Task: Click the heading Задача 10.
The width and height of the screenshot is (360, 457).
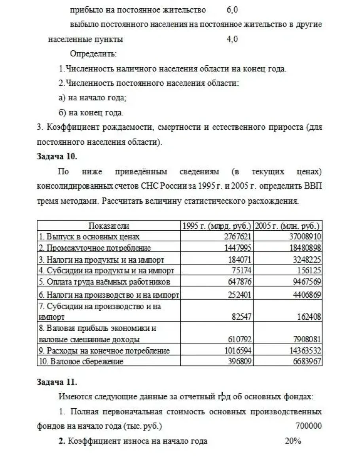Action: tap(57, 156)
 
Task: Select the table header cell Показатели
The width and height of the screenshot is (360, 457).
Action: tap(108, 226)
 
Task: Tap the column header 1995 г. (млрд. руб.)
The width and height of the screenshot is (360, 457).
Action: tap(216, 226)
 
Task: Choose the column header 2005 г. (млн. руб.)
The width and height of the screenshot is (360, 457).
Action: tap(288, 226)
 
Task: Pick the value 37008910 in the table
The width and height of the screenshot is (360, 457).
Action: tap(305, 237)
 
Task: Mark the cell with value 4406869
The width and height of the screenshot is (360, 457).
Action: tap(307, 294)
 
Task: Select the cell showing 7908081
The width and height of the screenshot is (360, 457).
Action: tap(307, 339)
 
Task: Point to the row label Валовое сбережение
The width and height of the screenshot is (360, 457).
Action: tap(81, 361)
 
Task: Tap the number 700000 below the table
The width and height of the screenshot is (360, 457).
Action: tap(308, 426)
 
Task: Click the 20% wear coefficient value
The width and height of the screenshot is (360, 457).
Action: tap(293, 441)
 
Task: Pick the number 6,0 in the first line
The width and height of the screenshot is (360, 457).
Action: tap(233, 9)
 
